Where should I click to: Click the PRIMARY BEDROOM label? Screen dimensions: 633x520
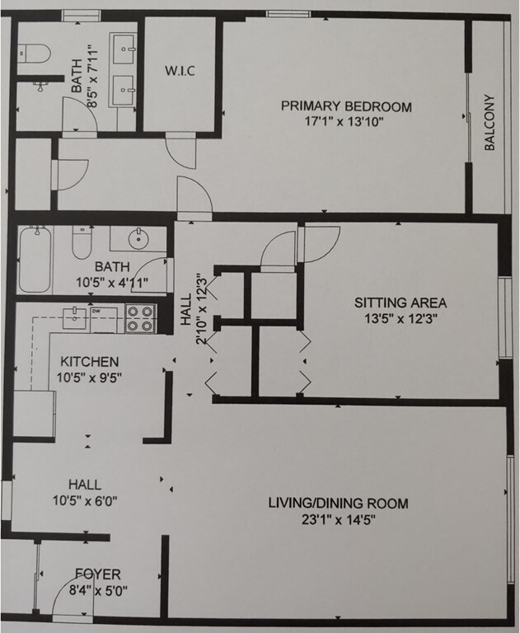pyautogui.click(x=345, y=106)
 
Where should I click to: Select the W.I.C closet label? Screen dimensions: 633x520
pyautogui.click(x=179, y=70)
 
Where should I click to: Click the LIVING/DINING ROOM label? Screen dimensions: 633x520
pyautogui.click(x=337, y=503)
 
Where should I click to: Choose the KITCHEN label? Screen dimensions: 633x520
pyautogui.click(x=90, y=361)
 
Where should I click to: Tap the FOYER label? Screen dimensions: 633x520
pyautogui.click(x=98, y=574)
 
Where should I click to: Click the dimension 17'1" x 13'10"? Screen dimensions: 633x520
pyautogui.click(x=345, y=122)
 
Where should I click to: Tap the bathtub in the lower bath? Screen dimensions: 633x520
pyautogui.click(x=35, y=260)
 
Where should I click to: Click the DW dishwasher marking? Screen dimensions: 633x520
pyautogui.click(x=97, y=311)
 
